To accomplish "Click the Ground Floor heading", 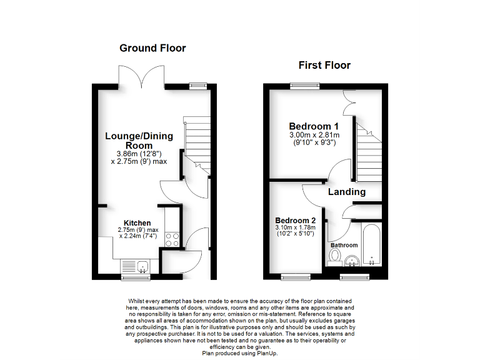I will tap(152, 48).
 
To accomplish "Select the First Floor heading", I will tap(324, 65).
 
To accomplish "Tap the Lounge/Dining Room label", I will tap(139, 141).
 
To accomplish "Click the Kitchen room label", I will tap(137, 223).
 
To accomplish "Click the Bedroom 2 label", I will tap(296, 221).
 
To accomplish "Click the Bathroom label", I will tap(344, 246).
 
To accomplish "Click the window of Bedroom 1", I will tap(299, 86).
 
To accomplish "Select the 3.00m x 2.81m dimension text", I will tap(314, 135).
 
